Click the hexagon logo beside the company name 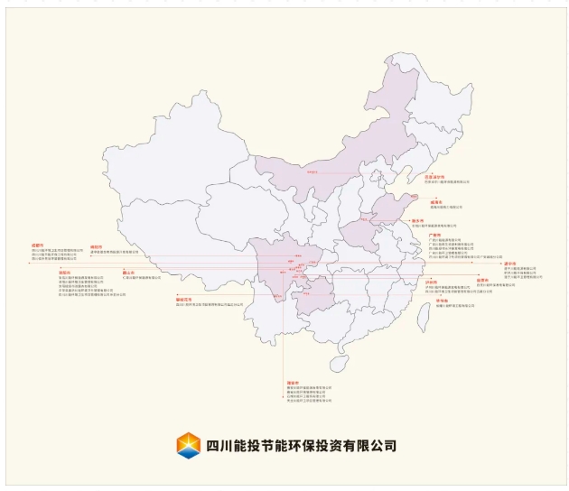point(189,445)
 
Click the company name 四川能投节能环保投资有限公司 point(301,446)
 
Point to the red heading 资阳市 point(38,273)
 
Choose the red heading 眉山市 point(128,273)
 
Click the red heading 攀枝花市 point(184,297)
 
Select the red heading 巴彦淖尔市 point(435,177)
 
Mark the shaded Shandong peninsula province point(397,209)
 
